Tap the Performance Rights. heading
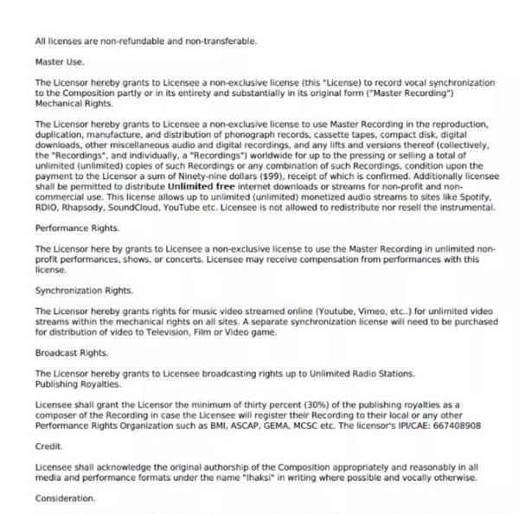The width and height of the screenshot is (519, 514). pyautogui.click(x=77, y=228)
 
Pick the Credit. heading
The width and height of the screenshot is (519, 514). pyautogui.click(x=48, y=447)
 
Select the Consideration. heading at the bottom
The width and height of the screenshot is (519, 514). pyautogui.click(x=65, y=498)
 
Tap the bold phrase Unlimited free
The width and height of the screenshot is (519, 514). pyautogui.click(x=204, y=185)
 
